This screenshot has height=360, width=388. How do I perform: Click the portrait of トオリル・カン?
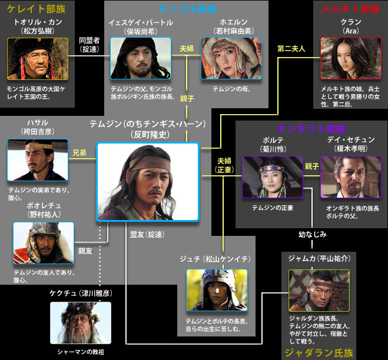point(38,59)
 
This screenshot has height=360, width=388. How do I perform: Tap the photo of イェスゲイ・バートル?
point(141,58)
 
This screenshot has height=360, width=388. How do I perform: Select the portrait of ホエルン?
point(231,58)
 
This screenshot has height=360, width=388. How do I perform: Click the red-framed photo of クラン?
point(351,58)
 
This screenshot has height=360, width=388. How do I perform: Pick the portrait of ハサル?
point(38,160)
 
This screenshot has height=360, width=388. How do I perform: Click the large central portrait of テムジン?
point(148,182)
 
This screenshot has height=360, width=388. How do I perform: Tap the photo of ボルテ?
point(273,177)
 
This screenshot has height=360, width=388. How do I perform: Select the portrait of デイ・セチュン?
point(351,177)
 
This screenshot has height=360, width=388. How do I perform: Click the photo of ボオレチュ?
point(44,243)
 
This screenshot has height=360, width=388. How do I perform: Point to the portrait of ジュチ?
point(217,290)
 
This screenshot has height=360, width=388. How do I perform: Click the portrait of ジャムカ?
point(319,291)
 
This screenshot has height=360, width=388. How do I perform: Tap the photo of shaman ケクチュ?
point(81,323)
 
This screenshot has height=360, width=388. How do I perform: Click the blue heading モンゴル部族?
point(188,9)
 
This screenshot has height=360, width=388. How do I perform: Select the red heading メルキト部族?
point(350,9)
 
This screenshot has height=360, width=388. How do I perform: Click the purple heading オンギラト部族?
point(311,129)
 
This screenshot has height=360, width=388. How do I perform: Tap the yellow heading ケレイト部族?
point(36,9)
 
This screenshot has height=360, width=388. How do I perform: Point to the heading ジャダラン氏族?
point(319,353)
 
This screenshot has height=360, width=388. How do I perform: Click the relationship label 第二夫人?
point(291,49)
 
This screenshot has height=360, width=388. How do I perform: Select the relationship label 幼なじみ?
point(312,234)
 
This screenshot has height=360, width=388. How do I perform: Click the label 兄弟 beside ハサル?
point(79,153)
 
